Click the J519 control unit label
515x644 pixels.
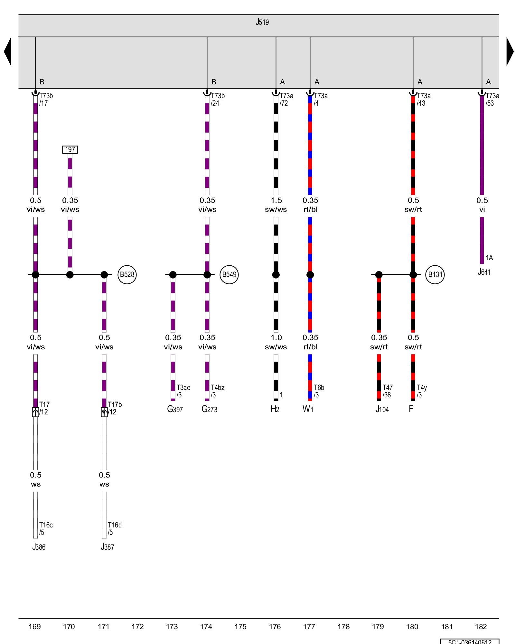[262, 22]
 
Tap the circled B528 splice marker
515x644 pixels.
[127, 275]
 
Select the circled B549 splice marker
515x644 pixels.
[229, 275]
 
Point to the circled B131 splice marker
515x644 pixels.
[435, 275]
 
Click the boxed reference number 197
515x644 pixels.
[70, 150]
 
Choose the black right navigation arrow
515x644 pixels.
[510, 52]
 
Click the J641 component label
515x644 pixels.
[484, 272]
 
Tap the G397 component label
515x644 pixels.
[175, 409]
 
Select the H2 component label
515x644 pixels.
[275, 409]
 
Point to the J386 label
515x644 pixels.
[39, 547]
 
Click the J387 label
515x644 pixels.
[108, 547]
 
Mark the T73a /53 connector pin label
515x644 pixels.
[492, 99]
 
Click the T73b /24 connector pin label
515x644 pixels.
[218, 99]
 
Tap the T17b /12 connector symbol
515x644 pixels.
[104, 412]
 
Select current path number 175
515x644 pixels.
[240, 627]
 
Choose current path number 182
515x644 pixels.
[481, 627]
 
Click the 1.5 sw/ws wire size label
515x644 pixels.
[276, 205]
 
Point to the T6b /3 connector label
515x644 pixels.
[319, 391]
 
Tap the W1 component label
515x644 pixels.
[308, 409]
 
